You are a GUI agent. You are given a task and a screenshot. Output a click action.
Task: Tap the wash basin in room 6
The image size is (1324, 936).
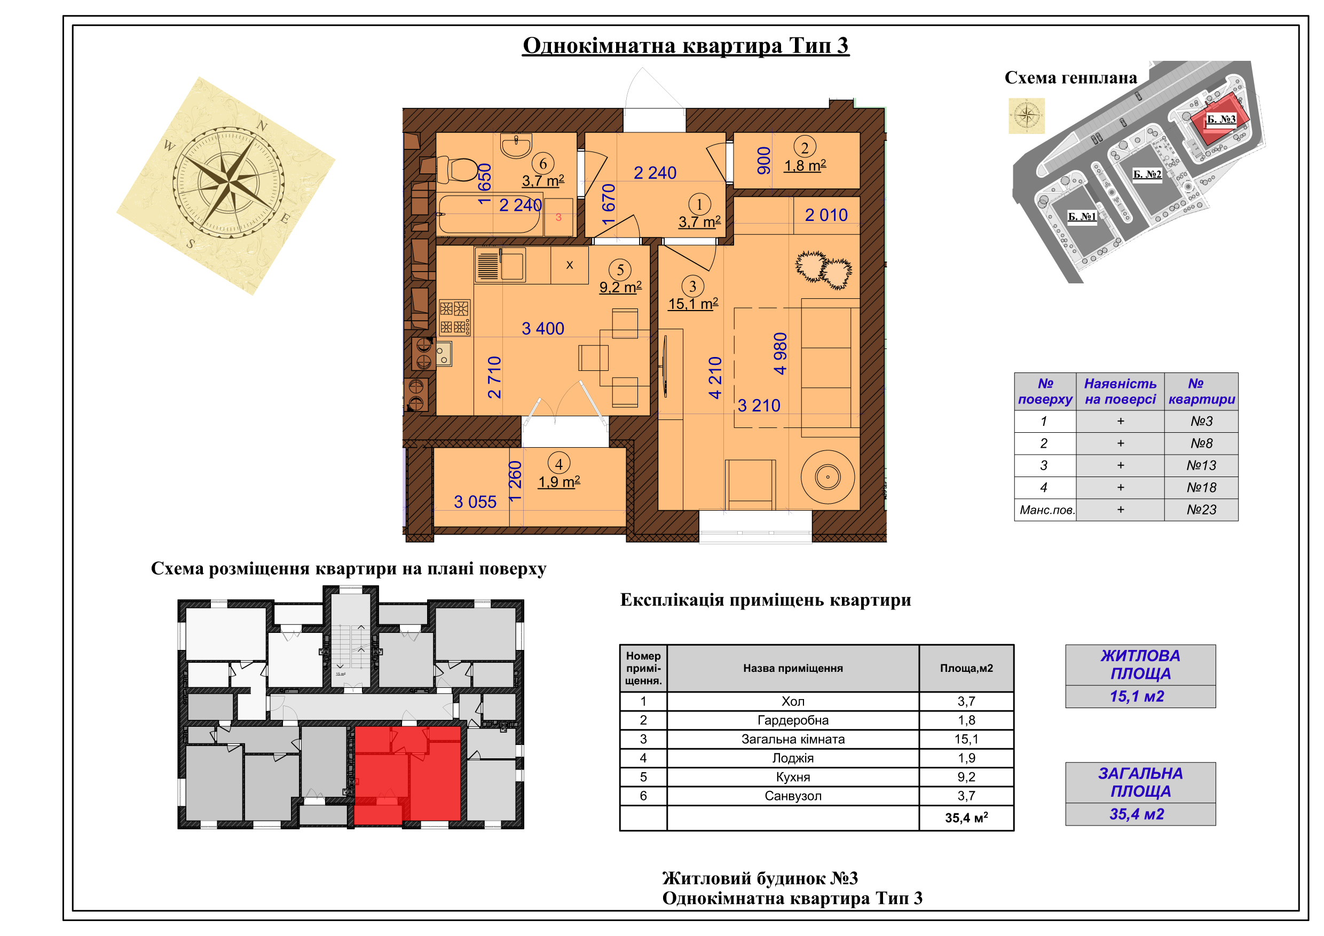[516, 145]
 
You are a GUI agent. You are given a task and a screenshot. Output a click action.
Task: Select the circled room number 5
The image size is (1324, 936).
[620, 269]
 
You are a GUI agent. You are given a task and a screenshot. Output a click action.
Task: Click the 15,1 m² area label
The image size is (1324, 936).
[693, 304]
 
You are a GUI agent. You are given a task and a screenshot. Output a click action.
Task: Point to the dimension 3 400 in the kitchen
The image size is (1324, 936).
[542, 329]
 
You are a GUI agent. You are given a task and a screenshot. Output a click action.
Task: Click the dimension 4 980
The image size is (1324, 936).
[779, 353]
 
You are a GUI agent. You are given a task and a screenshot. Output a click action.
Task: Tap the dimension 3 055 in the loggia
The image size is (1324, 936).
[475, 502]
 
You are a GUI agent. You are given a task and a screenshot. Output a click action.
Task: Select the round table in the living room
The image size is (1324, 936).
[827, 477]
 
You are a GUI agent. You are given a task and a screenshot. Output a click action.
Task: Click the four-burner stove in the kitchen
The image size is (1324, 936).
[454, 317]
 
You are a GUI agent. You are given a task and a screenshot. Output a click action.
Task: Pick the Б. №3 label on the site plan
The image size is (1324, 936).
[1221, 120]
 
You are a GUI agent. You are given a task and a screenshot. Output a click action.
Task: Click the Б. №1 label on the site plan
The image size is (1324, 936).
[1082, 217]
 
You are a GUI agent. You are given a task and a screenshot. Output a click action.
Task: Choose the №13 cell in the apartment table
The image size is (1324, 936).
[1201, 466]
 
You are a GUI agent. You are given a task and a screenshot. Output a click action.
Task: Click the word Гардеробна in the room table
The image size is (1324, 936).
[793, 720]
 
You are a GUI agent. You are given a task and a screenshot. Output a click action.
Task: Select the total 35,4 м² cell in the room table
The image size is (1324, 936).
[966, 818]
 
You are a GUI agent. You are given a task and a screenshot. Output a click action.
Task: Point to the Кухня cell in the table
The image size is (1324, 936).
[793, 778]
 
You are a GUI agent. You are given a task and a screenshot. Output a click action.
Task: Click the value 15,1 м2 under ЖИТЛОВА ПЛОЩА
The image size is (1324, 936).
[1137, 697]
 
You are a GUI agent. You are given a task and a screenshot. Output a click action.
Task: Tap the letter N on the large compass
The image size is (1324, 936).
[262, 125]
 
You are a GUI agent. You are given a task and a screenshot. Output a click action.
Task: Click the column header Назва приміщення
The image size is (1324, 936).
[793, 669]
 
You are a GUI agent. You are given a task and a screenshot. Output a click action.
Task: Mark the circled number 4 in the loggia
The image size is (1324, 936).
[559, 463]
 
